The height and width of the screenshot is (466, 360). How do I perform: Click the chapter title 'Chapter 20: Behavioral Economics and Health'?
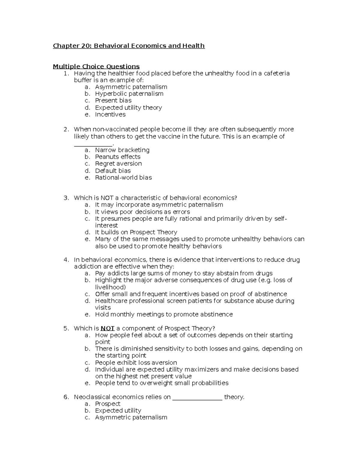click(x=129, y=46)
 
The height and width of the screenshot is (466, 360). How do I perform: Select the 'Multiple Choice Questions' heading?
click(x=96, y=66)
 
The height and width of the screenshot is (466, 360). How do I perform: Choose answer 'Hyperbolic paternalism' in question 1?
click(x=129, y=94)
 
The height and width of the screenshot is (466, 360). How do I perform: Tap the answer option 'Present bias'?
click(x=113, y=101)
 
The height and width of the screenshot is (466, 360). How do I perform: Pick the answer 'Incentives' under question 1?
click(x=110, y=114)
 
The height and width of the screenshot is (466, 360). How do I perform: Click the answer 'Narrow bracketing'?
click(x=122, y=150)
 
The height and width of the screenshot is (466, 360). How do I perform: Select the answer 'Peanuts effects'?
click(x=118, y=157)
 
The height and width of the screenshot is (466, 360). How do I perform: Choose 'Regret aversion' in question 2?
click(x=118, y=164)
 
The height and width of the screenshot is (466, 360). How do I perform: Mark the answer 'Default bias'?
click(x=113, y=171)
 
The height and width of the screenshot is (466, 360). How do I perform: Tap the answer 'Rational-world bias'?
click(x=123, y=178)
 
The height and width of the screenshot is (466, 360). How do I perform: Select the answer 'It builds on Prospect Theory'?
click(x=136, y=232)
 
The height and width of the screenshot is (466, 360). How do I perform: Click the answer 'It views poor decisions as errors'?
click(x=142, y=212)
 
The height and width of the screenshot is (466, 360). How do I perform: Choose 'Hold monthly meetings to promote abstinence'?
click(x=164, y=314)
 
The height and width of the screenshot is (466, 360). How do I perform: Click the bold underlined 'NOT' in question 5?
click(x=107, y=328)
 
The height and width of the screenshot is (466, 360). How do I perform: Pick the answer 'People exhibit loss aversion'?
click(x=136, y=362)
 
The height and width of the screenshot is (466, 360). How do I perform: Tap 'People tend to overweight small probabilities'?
click(x=162, y=383)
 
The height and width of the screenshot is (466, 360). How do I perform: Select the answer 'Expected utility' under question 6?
click(x=118, y=410)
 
